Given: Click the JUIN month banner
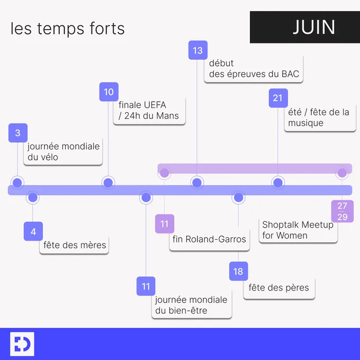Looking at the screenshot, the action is (305, 27).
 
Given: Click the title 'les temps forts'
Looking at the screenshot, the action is (68, 29).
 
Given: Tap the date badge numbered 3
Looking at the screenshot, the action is (18, 133).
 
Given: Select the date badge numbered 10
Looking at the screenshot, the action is (109, 92).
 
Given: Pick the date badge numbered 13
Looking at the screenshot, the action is (198, 50).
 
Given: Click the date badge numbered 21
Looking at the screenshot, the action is (278, 98).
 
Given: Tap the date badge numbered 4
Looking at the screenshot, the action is (33, 231).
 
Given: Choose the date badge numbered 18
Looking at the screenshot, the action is (239, 271).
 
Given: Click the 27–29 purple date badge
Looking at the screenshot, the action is (343, 211).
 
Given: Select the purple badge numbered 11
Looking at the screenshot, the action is (165, 224).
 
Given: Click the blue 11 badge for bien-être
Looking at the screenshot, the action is (146, 286).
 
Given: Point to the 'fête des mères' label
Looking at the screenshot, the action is (75, 245).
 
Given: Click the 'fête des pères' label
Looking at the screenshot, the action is (279, 288).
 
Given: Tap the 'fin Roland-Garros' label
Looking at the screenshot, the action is (210, 239).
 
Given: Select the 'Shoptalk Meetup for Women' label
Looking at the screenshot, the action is (298, 230).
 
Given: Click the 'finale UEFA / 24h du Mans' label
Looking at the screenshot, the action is (149, 111).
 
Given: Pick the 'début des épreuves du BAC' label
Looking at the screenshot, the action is (254, 69).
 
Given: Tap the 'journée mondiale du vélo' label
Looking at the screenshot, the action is (63, 152).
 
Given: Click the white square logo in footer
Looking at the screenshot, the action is (22, 344).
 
